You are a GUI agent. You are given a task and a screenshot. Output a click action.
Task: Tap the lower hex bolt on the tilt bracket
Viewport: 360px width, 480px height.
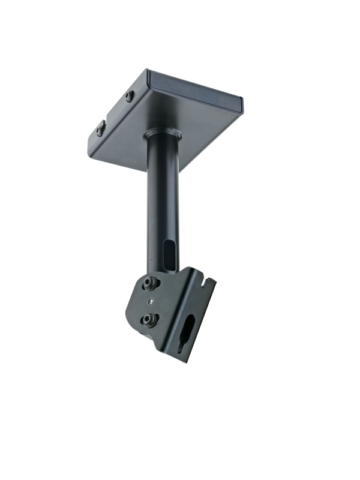tap(148, 320)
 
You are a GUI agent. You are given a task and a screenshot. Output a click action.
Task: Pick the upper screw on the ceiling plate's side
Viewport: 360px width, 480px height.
tap(130, 96)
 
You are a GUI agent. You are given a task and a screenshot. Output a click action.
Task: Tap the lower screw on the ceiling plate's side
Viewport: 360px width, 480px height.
tap(101, 128)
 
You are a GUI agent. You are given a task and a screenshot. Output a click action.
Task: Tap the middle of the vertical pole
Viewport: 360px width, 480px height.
tap(161, 198)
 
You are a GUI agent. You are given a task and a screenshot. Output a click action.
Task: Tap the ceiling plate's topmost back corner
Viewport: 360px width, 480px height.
tap(148, 71)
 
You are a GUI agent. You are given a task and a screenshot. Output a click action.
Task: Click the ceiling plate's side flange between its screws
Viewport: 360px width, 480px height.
tap(115, 112)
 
